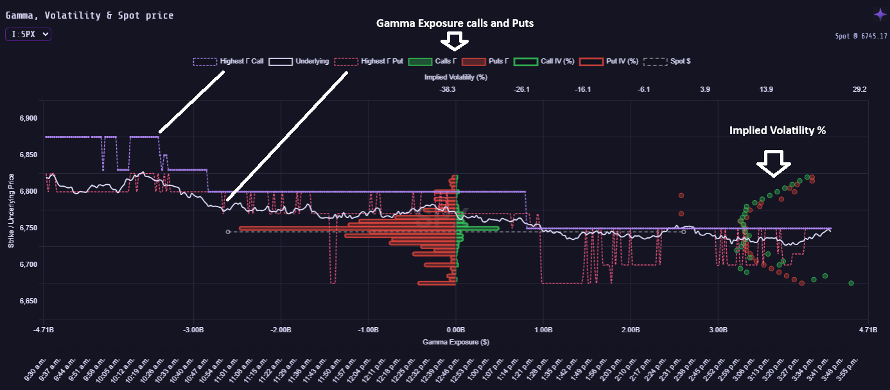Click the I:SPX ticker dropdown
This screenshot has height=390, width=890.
[x=28, y=35]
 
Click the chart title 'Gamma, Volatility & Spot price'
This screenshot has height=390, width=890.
[x=89, y=15]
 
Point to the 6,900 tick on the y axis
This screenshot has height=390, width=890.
[x=26, y=119]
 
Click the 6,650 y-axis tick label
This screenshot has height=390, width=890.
[x=26, y=301]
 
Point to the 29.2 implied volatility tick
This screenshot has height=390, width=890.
[x=859, y=90]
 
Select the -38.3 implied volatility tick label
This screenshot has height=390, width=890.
[x=448, y=90]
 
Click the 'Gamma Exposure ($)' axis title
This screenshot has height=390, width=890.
[x=456, y=343]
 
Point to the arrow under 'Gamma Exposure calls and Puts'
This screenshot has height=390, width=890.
[x=455, y=42]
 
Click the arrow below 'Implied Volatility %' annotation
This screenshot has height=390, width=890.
[x=773, y=163]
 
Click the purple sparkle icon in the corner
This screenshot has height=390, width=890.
[x=880, y=14]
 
